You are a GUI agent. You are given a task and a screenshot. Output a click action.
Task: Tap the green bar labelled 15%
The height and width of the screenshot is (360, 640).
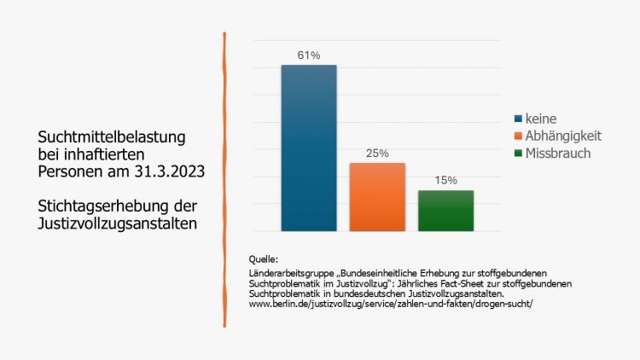click(445, 210)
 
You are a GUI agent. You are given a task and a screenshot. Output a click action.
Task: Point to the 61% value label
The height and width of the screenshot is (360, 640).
click(308, 55)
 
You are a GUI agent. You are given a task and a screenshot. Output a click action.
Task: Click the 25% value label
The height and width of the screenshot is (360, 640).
click(377, 154)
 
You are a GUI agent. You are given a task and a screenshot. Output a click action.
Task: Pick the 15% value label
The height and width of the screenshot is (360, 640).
click(445, 181)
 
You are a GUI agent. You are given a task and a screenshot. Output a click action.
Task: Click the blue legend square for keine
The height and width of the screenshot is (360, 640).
click(518, 119)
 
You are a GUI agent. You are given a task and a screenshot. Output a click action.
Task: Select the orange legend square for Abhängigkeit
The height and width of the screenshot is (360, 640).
click(518, 136)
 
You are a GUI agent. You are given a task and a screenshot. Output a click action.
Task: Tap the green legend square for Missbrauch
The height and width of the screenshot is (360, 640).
click(518, 154)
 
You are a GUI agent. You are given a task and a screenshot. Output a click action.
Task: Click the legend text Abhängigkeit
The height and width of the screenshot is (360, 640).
click(564, 136)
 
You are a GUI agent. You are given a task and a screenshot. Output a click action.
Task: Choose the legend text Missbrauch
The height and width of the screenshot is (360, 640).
click(558, 154)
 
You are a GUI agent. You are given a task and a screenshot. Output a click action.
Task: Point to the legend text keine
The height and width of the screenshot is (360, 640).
click(541, 119)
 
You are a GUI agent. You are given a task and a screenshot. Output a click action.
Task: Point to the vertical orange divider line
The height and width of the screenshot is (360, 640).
click(224, 179)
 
